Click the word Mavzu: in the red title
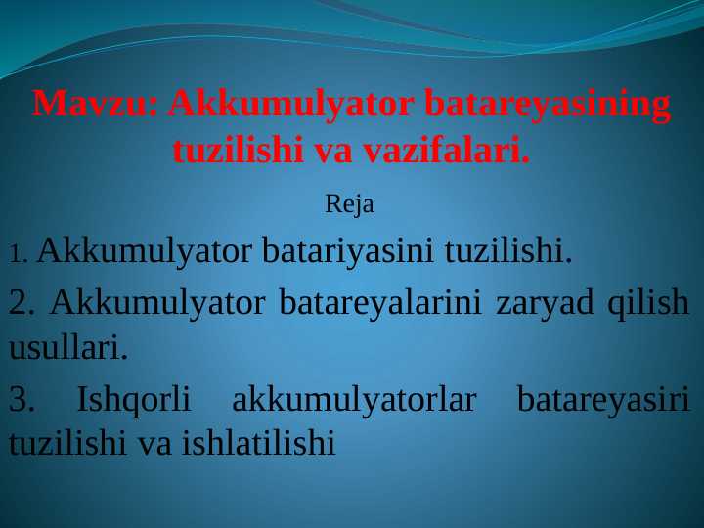click(95, 105)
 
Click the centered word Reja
click(349, 206)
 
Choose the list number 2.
click(22, 303)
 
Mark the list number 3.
click(22, 399)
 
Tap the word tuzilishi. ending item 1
click(507, 252)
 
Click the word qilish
click(648, 303)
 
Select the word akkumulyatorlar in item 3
click(354, 399)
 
